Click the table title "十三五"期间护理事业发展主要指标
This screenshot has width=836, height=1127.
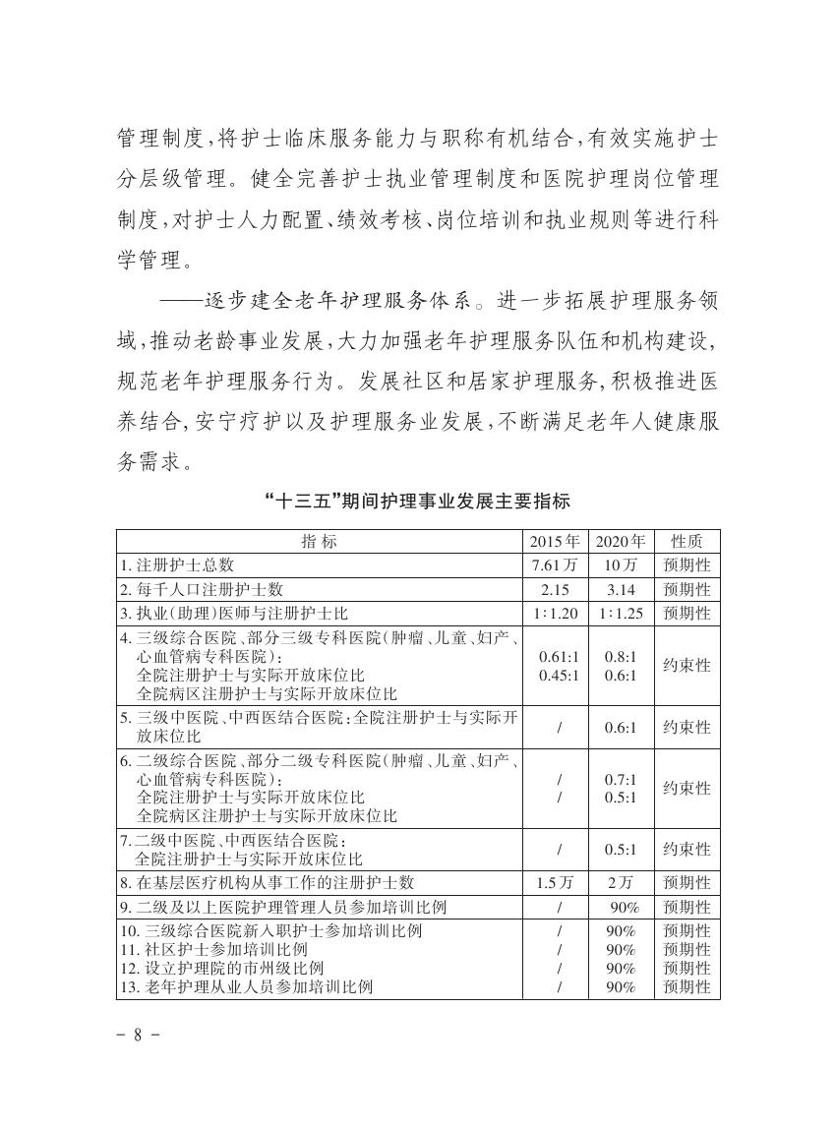418,501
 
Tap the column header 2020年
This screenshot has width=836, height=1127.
621,541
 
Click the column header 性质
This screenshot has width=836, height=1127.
687,541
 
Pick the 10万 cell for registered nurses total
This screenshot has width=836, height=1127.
621,565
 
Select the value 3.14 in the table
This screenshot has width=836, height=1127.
621,589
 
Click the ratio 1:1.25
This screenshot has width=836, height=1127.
621,613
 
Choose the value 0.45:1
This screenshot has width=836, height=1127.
559,675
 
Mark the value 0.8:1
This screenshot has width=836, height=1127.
621,656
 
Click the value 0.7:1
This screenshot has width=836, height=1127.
621,778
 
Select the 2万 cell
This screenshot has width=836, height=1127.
621,883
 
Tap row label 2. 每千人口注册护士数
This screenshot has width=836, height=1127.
202,589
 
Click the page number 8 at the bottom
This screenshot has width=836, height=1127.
137,1036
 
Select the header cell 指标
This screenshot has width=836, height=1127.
319,541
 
